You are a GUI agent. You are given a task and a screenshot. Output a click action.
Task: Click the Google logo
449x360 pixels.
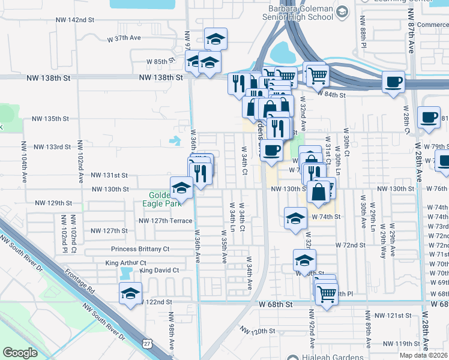(20, 353)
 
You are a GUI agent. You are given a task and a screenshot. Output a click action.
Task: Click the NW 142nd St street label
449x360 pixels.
(73, 20)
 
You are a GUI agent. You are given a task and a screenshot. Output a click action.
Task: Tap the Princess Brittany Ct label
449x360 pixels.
(140, 248)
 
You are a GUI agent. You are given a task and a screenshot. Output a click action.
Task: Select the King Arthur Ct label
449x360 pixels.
(125, 263)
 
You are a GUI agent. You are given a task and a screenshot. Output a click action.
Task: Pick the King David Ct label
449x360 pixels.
(159, 271)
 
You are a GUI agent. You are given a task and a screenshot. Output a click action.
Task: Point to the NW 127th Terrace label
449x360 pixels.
(165, 220)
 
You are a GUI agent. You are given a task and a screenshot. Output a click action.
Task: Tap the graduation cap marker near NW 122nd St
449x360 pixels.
(130, 294)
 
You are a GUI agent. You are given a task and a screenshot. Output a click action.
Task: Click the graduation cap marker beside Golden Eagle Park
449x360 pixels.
(182, 188)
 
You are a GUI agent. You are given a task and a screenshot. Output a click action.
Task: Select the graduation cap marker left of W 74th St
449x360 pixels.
(295, 219)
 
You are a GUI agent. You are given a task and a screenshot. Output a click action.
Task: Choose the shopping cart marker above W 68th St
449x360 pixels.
(326, 293)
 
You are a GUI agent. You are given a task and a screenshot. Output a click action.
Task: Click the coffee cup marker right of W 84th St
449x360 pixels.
(393, 82)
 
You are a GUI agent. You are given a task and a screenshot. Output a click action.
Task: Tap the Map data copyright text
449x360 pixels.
(424, 355)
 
